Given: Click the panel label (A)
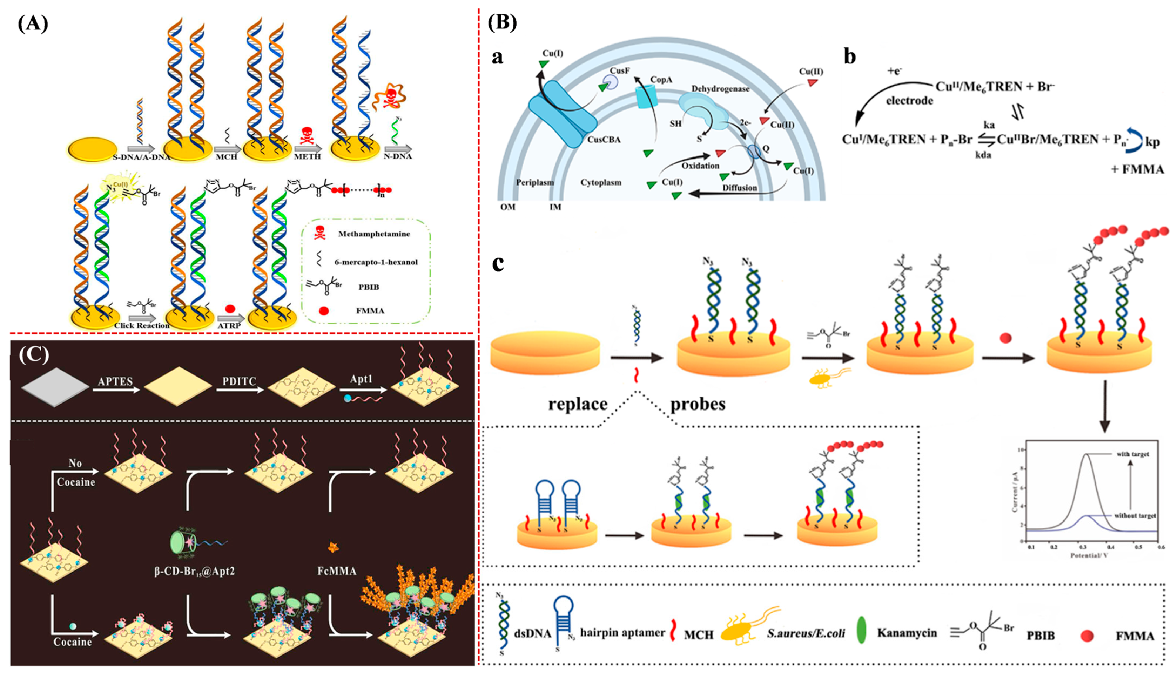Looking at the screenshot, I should click(32, 23).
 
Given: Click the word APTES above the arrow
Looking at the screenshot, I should click(115, 382).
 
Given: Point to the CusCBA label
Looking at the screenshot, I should click(604, 139).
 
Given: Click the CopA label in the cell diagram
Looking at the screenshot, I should click(661, 80).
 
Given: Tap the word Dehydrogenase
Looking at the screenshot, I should click(720, 89).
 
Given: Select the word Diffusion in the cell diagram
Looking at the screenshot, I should click(739, 188).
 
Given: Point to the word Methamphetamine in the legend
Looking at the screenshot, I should click(373, 234).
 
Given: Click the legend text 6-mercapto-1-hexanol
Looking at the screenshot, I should click(376, 262).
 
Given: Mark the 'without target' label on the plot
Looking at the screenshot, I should click(1135, 516).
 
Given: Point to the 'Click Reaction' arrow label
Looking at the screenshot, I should click(142, 325).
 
